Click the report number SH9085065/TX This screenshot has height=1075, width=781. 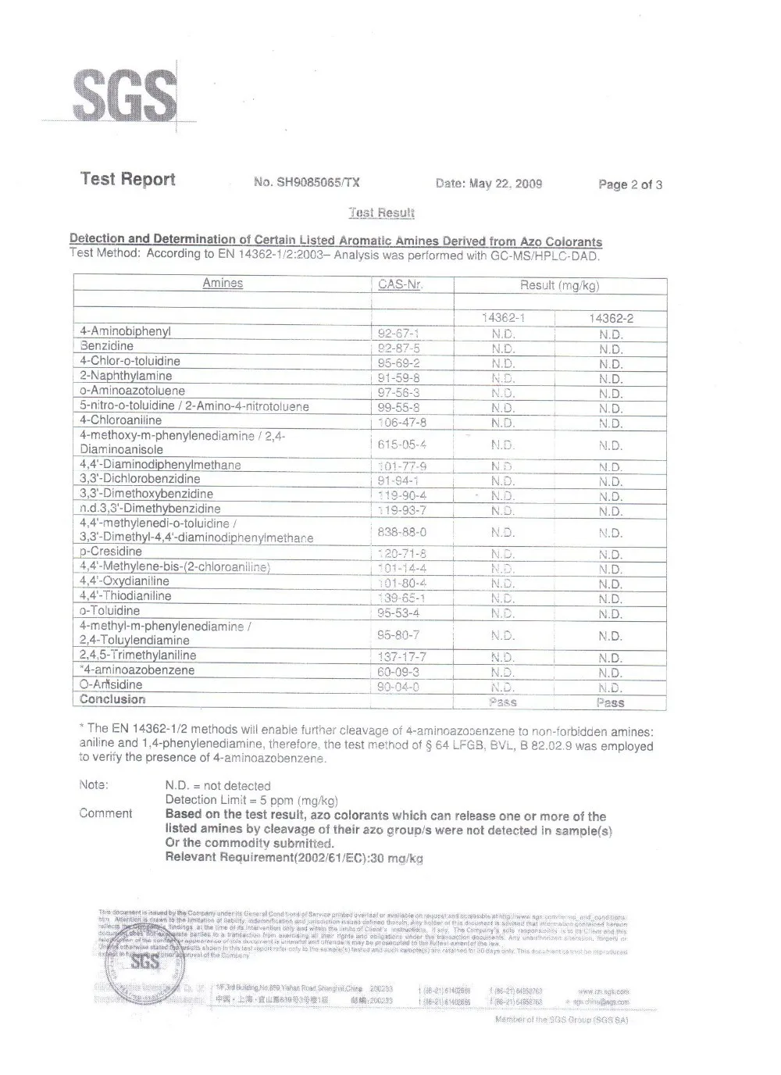pos(307,183)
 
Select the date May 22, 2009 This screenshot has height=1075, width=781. pos(489,184)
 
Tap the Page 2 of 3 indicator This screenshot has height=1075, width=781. pos(630,184)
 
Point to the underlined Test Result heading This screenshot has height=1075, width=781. pos(381,212)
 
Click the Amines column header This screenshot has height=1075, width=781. pos(223,284)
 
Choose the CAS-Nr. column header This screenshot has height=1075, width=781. pos(400,284)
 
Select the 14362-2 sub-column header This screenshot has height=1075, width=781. pos(611,319)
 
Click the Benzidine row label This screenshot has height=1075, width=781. pos(107,346)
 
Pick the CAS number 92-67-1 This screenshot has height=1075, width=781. pos(398,334)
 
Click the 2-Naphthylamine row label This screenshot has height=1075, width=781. pos(126,376)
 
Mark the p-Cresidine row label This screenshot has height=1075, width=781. pos(111,552)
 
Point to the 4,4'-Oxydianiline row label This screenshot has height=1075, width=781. pos(124,581)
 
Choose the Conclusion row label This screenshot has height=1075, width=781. pos(112,700)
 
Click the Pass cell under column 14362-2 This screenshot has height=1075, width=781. pos(610,703)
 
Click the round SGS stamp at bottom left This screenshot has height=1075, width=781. pos(144,962)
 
